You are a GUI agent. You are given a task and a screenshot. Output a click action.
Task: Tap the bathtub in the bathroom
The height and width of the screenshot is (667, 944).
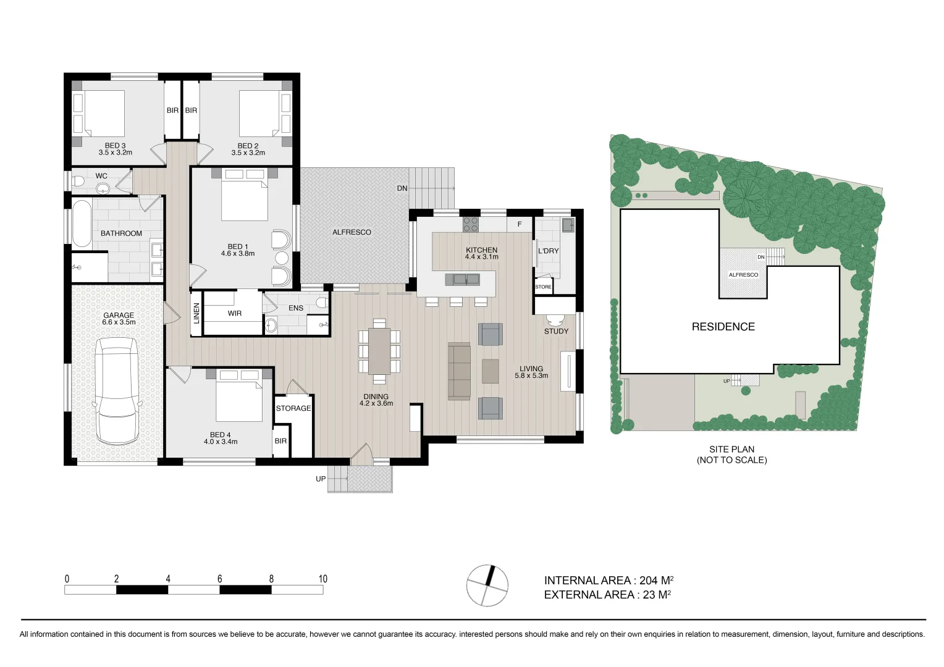(82, 223)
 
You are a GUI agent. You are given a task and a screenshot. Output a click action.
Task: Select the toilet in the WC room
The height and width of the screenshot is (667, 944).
(78, 182)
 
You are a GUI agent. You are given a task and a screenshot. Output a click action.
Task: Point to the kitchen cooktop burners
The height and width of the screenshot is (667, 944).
(471, 224)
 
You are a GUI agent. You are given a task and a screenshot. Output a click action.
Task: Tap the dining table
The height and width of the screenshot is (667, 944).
(379, 351)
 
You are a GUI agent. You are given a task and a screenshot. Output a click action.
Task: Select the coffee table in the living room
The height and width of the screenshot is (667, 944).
(491, 371)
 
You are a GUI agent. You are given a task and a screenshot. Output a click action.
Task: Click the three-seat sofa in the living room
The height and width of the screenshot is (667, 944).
(459, 371)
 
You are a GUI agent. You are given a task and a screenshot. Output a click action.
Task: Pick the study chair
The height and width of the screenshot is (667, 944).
(555, 320)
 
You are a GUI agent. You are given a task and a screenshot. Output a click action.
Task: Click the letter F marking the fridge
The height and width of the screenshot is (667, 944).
(520, 224)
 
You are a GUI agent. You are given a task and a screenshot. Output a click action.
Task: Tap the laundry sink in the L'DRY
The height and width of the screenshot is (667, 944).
(567, 224)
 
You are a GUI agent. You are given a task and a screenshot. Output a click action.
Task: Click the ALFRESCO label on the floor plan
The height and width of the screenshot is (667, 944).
(352, 232)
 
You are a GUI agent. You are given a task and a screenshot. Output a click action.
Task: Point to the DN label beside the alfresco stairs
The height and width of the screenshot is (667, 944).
(402, 188)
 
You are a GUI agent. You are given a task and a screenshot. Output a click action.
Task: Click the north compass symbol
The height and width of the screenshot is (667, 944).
(487, 585)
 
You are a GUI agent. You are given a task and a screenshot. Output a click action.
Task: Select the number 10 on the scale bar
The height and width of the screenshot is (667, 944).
(322, 579)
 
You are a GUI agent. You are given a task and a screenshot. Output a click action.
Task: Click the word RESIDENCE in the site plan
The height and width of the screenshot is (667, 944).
(723, 327)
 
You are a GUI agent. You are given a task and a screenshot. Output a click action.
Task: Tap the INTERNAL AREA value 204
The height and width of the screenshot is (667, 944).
(648, 581)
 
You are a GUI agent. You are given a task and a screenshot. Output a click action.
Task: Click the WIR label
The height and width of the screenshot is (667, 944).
(235, 314)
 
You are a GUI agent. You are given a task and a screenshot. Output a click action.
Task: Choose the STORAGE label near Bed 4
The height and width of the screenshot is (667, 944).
(293, 408)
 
